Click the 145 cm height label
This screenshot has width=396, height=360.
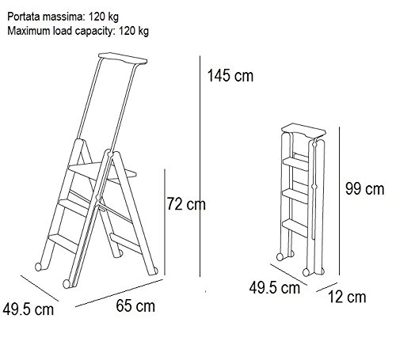[x=230, y=76]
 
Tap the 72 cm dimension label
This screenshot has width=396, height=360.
[x=186, y=204]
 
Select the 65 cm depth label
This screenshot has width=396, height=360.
[x=135, y=306]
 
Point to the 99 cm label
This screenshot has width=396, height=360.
[x=365, y=189]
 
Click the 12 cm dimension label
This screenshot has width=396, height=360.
[x=347, y=297]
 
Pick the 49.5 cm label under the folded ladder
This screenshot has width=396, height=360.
[x=275, y=287]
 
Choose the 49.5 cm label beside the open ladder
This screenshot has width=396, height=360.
[x=29, y=309]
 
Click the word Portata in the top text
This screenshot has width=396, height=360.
[x=24, y=17]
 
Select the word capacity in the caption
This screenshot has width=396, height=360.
[x=94, y=31]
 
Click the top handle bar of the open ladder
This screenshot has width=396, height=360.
[x=123, y=59]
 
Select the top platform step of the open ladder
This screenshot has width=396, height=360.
[x=102, y=172]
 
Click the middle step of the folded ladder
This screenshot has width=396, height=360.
[x=295, y=195]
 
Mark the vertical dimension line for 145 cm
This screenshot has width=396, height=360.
[x=200, y=166]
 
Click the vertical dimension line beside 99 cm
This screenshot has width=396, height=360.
[x=339, y=201]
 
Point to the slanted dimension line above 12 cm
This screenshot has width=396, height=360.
[x=327, y=287]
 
